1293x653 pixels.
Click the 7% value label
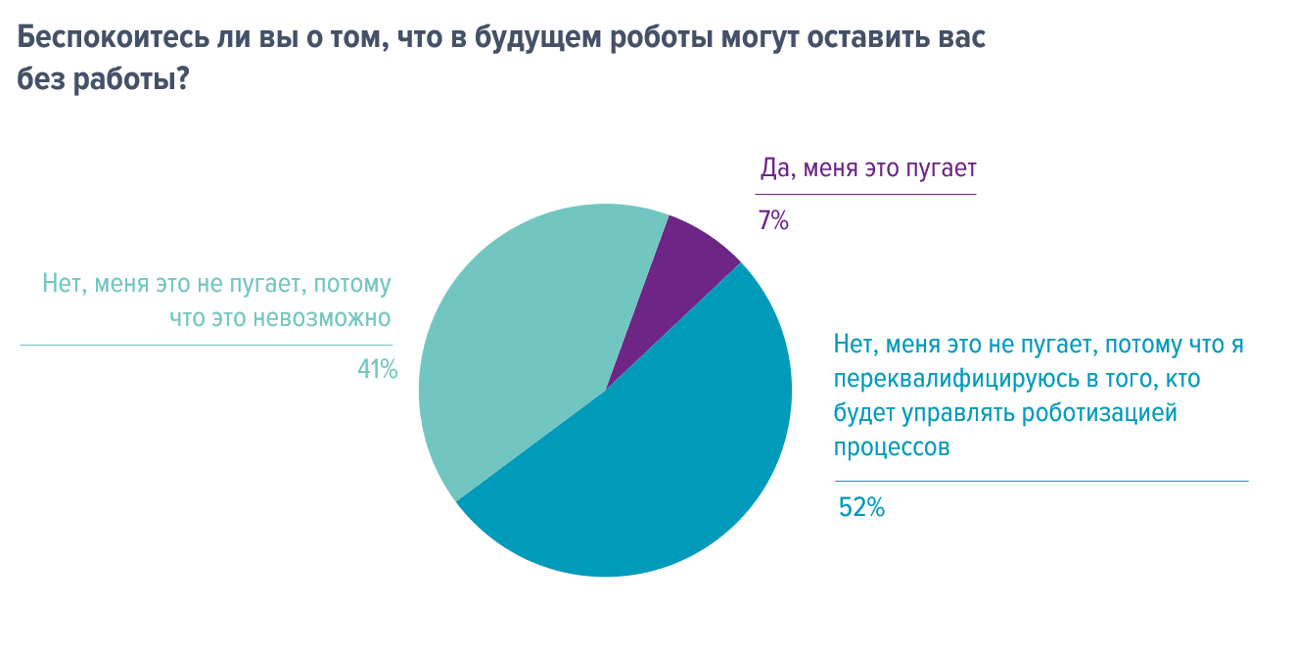tap(773, 221)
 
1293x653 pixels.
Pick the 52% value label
tap(861, 507)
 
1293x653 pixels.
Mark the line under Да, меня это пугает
tap(867, 194)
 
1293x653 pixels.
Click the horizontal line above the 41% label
tap(206, 345)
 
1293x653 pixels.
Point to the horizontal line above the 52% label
tap(1041, 481)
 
